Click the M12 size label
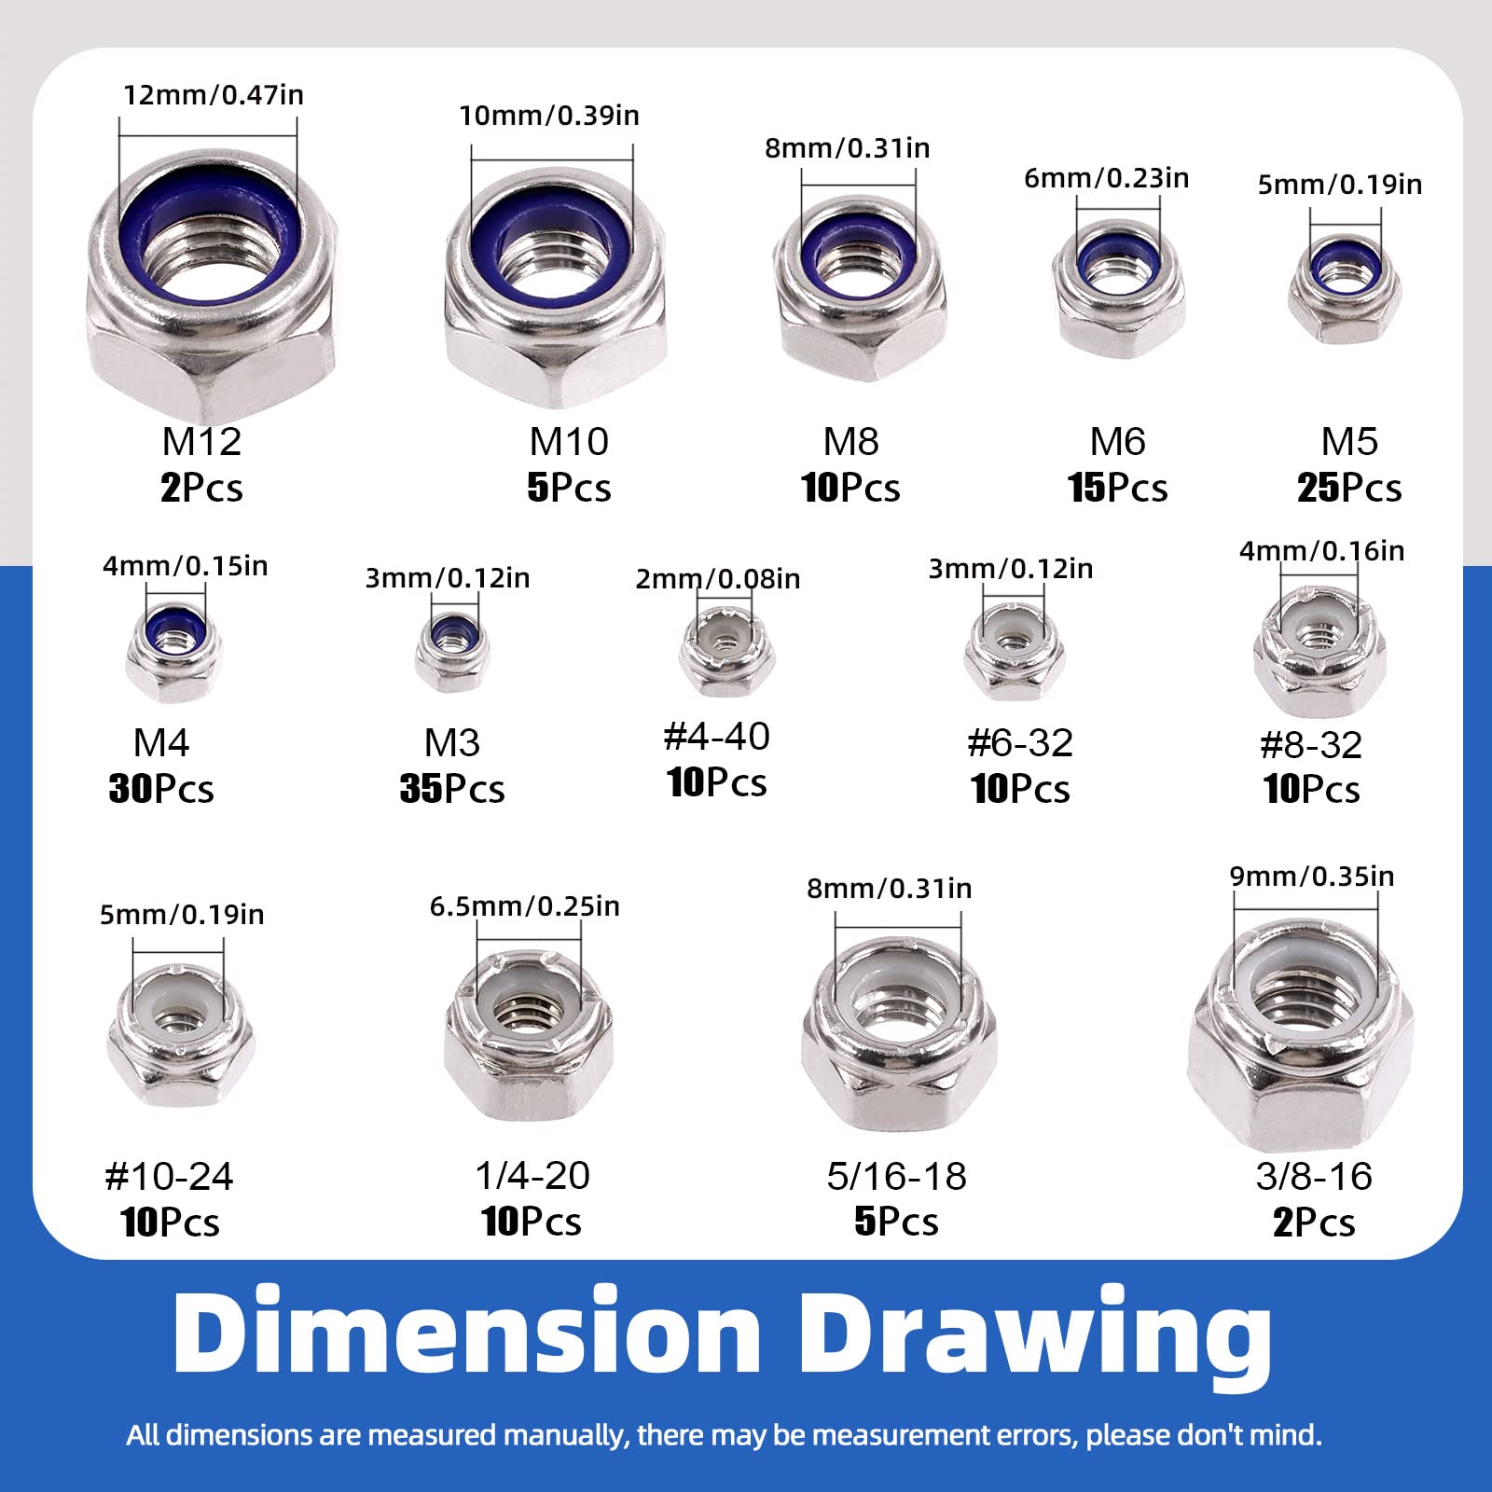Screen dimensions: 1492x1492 point(201,442)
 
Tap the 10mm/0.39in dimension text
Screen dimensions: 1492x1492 point(549,116)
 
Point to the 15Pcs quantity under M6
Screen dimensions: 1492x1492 point(1117,488)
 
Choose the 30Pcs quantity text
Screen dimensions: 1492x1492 point(161,789)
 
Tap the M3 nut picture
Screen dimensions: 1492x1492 point(452,651)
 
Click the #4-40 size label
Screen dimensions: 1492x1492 point(716,737)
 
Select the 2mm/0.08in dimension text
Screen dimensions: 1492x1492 point(718,579)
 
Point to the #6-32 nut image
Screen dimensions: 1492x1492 point(1014,651)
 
